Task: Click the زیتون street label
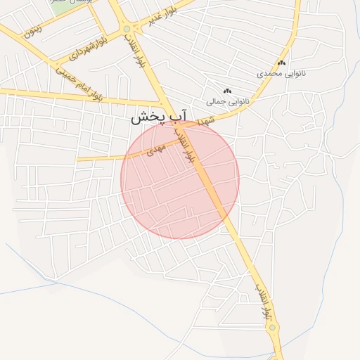[32, 30]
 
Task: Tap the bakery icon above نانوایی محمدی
[281, 63]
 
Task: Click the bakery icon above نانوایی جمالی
[227, 91]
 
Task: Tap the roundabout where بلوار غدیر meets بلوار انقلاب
[127, 29]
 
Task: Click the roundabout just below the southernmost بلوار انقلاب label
[272, 327]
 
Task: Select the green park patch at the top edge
[63, 4]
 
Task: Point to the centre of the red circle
[180, 179]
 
